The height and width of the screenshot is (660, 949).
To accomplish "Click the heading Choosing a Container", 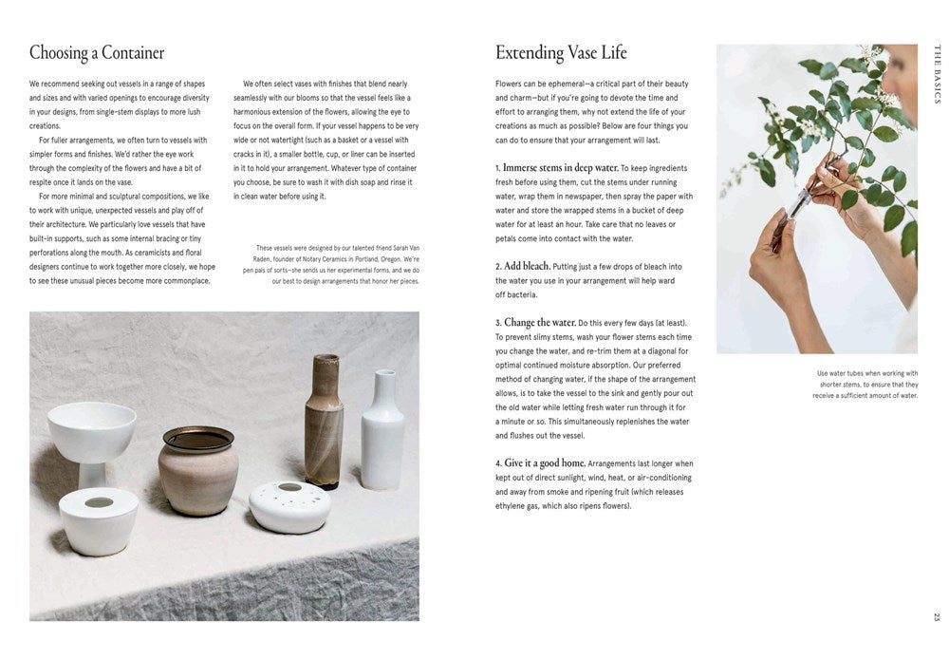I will click(97, 52).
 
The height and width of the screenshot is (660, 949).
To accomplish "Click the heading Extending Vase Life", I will click(561, 52).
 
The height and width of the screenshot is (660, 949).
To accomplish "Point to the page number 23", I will click(937, 617).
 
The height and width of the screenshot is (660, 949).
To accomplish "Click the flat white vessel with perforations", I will click(289, 505).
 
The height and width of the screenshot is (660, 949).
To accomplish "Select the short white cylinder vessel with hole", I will click(99, 520).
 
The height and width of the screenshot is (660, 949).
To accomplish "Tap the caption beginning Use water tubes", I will click(865, 384).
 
